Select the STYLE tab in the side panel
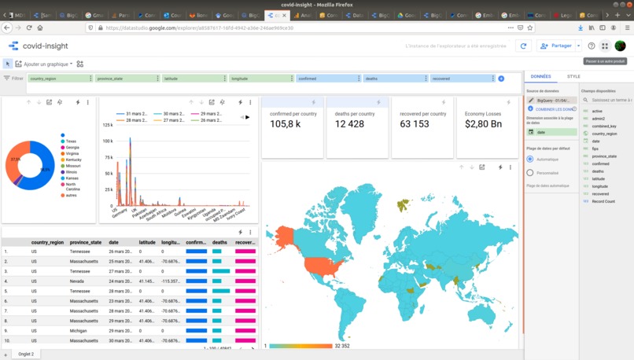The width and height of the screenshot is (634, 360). point(573,76)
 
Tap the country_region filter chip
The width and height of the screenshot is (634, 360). point(59,79)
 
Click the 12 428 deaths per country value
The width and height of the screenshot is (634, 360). point(349,124)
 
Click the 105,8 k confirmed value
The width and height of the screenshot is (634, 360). point(284,124)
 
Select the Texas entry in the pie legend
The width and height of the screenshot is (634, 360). point(71,141)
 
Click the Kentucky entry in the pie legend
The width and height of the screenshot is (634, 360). point(72,160)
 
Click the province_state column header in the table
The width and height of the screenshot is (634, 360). point(85,243)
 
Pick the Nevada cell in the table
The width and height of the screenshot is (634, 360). point(79,281)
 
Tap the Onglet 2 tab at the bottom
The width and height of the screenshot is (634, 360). point(26,354)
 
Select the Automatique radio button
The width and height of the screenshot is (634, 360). point(530,160)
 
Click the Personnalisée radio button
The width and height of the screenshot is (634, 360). point(530,173)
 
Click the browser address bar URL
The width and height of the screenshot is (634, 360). point(197,28)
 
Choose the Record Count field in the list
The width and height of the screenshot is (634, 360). point(603,201)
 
